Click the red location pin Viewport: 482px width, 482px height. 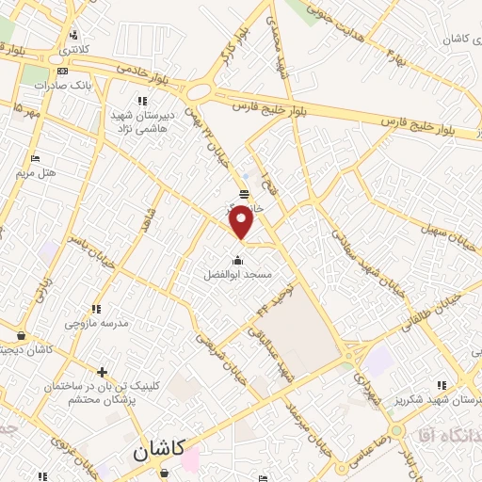[x=242, y=221]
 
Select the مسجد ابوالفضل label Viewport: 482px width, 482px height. [x=238, y=275]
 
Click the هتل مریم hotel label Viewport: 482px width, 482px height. [x=38, y=173]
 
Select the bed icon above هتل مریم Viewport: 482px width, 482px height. [x=36, y=158]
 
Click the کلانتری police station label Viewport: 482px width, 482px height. [x=76, y=48]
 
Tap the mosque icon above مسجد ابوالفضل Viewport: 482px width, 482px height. [x=238, y=261]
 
